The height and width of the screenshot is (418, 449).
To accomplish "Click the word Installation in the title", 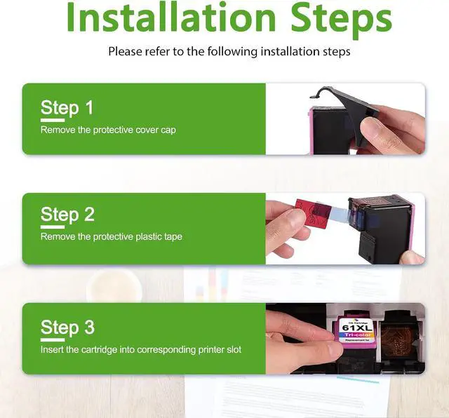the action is point(171,17).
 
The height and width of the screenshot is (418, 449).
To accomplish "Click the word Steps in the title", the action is point(342,20).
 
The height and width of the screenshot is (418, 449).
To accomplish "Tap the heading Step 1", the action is point(67,108).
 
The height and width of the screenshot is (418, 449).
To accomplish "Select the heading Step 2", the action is point(67,215).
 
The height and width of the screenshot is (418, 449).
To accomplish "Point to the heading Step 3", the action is point(67,328).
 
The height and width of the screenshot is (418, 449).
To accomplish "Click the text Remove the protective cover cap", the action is point(108,130).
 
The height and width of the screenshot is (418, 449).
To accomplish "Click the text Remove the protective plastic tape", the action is point(112,237).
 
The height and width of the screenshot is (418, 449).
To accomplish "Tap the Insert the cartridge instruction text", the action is point(141,349).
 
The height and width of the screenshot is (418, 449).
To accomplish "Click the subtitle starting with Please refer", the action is point(229,52).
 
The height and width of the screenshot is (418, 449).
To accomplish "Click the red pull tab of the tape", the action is point(312,213).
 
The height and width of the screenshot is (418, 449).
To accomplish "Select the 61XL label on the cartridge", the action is point(357,328).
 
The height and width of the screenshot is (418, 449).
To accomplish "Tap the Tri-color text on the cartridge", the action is point(357,335).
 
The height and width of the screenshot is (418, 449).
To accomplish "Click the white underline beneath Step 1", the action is point(53,120).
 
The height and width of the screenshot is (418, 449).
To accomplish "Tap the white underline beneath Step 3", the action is point(53,340).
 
